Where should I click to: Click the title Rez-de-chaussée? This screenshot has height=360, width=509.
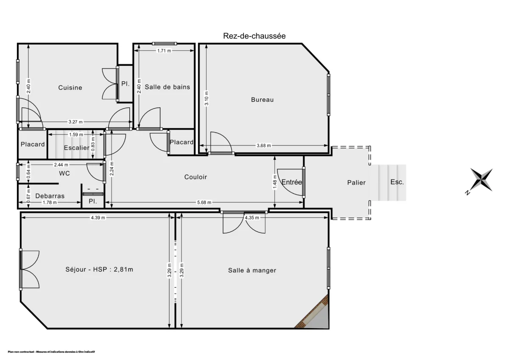(x=254, y=36)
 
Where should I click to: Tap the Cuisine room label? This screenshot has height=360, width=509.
(x=70, y=88)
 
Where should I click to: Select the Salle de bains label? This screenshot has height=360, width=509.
(x=167, y=87)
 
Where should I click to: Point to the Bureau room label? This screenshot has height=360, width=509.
(x=262, y=100)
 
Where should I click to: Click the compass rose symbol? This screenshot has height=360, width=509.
(x=481, y=179)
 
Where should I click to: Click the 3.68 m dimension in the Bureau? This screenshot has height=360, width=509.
(x=263, y=146)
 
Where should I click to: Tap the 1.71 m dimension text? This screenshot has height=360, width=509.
(x=164, y=51)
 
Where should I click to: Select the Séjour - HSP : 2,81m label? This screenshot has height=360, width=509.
(x=99, y=270)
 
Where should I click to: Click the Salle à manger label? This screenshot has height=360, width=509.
(x=252, y=270)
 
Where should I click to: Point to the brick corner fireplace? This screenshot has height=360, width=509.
(x=314, y=313)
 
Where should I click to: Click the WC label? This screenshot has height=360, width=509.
(x=64, y=173)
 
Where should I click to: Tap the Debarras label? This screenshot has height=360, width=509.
(x=50, y=196)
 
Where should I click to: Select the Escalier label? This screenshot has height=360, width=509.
(x=76, y=148)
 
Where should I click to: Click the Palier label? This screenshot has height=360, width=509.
(x=356, y=182)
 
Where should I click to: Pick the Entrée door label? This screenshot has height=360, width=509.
(x=291, y=182)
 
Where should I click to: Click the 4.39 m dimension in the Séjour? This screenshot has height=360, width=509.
(x=98, y=218)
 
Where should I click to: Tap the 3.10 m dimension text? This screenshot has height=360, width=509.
(x=206, y=98)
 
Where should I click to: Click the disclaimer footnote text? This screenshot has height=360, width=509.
(x=51, y=352)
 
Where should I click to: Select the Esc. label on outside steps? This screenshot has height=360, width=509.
(x=397, y=182)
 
